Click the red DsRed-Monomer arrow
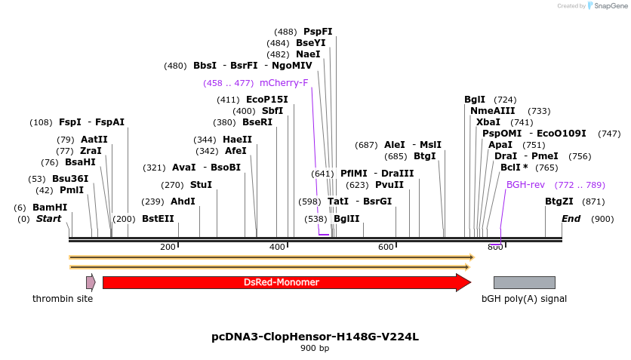point(281,282)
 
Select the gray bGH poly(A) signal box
point(524,282)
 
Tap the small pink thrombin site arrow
point(91,282)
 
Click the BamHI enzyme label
point(50,208)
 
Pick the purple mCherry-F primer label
point(284,83)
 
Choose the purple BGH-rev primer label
point(525,185)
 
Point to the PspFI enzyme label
point(318,32)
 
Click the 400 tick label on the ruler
point(277,248)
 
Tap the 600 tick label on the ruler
point(386,248)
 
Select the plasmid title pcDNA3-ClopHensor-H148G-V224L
point(315,337)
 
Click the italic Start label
point(49,219)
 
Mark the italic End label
point(571,219)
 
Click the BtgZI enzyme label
point(559,202)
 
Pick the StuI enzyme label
point(201,185)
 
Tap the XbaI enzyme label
point(488,122)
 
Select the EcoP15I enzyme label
point(267,100)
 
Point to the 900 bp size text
point(315,349)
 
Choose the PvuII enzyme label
point(389,185)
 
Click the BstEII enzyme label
point(158,219)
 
